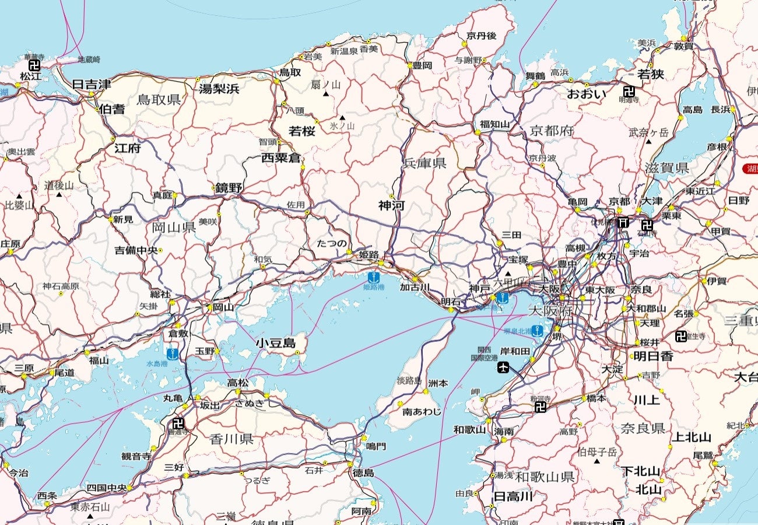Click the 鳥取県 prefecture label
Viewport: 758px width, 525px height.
coord(159,99)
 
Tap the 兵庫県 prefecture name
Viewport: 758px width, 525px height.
coord(424,163)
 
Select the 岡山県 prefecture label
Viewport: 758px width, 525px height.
coord(174,228)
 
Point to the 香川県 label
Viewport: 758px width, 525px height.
coord(231,439)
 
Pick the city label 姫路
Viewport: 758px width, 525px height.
coord(369,255)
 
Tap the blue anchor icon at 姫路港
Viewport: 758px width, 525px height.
coord(374,276)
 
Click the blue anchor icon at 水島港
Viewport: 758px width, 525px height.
coord(173,353)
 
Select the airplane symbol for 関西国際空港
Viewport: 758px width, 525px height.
coord(503,367)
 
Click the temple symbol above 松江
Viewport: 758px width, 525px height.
coord(34,65)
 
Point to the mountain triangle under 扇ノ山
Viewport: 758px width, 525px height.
coord(326,94)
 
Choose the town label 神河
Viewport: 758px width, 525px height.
coord(391,205)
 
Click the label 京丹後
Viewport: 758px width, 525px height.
coord(481,36)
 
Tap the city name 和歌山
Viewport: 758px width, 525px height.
coord(469,430)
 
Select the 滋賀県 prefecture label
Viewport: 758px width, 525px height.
coord(666,168)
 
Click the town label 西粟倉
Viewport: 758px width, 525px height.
coord(280,157)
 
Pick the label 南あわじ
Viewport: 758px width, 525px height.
coord(422,412)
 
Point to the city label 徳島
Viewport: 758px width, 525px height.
coord(363,473)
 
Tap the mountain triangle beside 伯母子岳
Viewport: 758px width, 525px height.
coord(596,461)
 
